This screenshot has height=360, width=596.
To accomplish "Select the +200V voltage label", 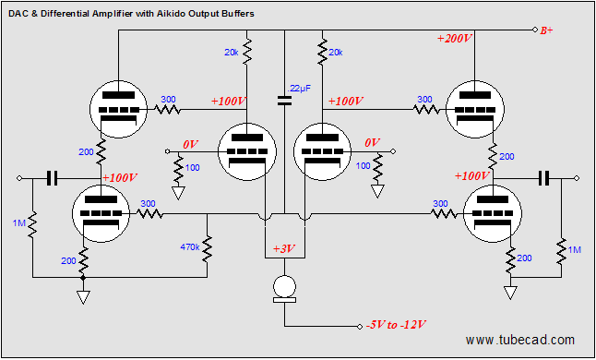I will tap(454, 40).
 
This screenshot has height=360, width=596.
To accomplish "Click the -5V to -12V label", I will tap(394, 325).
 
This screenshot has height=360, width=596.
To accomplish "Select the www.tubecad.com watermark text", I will tap(520, 341).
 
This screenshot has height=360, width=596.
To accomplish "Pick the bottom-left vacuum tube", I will tap(100, 214).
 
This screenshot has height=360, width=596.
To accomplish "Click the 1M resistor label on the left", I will tap(18, 222).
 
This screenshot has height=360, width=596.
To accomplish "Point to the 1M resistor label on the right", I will tap(574, 250).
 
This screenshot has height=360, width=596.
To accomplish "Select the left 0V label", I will tap(192, 145).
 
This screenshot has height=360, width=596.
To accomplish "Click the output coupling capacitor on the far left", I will tap(52, 177).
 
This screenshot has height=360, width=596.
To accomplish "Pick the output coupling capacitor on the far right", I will tap(544, 177).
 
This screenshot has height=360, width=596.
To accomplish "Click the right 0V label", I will tap(372, 144).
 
